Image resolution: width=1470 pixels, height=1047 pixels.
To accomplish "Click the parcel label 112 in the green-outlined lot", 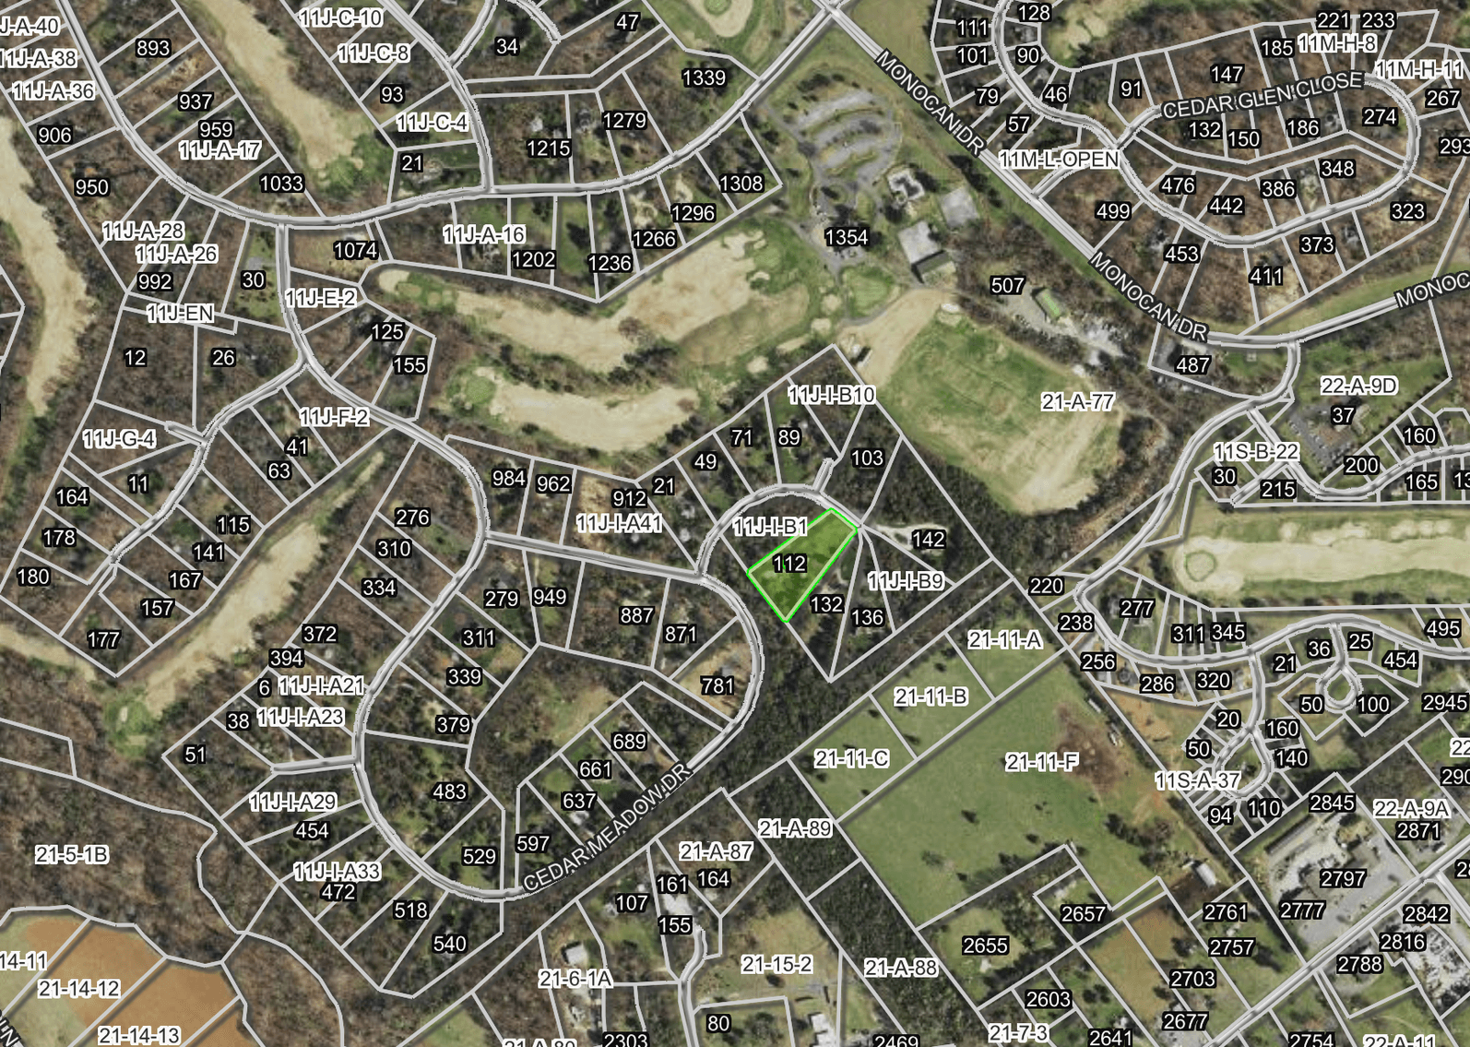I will coord(789,564).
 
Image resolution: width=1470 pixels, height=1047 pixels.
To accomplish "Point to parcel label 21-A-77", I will coord(1077,402).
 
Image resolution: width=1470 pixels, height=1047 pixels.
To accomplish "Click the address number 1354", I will coord(846,238).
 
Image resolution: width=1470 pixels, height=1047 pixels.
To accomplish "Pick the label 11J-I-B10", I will coord(831,395).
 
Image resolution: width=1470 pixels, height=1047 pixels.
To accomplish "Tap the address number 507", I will coord(1007,286).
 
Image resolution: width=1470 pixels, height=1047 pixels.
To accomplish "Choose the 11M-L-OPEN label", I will coord(1060,160).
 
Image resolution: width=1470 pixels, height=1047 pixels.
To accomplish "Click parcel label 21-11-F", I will coord(1042,762).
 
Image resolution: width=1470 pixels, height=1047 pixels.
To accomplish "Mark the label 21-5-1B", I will coord(72,855).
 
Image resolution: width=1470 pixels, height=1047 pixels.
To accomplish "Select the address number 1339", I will coord(704,78).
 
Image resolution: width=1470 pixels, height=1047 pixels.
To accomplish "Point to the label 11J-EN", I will coord(180,314).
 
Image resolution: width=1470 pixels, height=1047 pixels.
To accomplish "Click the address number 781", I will coord(717,686).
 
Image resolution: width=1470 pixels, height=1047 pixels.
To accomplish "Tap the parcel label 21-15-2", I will coord(776,965).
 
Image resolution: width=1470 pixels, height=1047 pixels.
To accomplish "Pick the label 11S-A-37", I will coord(1198,781).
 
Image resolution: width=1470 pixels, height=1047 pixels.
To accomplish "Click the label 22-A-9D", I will coord(1358,386).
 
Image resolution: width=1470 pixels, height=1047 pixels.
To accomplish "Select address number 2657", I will coord(1083,914).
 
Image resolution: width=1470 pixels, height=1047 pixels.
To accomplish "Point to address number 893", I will coord(153,48).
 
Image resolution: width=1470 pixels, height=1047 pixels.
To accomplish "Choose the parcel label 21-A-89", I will coord(795,828).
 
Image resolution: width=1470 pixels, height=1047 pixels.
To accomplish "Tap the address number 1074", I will coord(355,250).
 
